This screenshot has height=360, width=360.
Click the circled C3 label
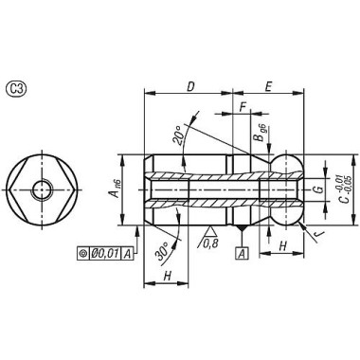point(16,89)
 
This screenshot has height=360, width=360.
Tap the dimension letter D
point(190,86)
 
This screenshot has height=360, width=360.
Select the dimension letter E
point(268,86)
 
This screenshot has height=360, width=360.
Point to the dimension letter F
point(243,107)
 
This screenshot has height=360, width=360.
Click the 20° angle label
point(179,135)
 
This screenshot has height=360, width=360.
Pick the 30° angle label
point(164,252)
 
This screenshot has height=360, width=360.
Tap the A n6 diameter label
point(116,189)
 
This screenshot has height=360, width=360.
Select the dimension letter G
point(319,189)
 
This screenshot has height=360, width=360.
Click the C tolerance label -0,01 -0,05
point(342,189)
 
